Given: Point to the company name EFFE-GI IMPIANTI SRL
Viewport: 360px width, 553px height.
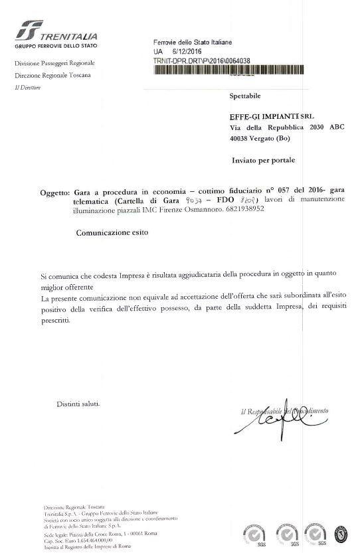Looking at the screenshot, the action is (x=272, y=116).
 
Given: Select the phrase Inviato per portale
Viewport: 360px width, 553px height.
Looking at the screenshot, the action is (x=263, y=160).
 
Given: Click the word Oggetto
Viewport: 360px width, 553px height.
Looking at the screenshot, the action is (x=54, y=193).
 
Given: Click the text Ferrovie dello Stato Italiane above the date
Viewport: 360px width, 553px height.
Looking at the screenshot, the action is (x=193, y=42).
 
